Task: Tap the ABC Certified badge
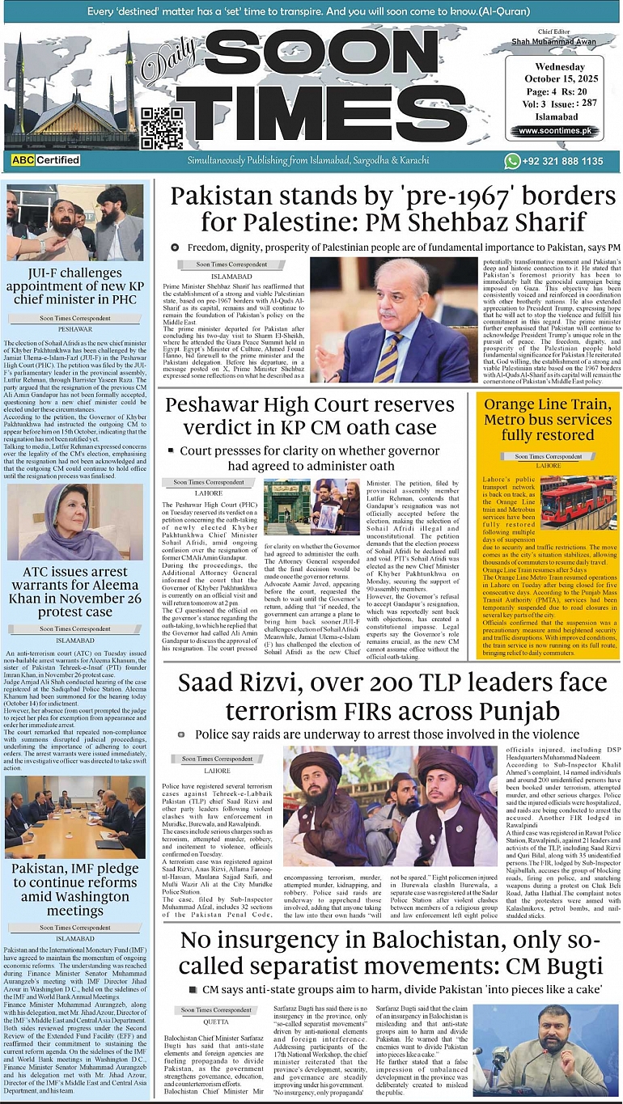click(x=46, y=160)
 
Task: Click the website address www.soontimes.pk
click(x=553, y=131)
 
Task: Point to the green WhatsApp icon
click(x=512, y=161)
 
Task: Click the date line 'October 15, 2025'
click(x=554, y=78)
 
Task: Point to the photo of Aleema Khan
click(x=74, y=522)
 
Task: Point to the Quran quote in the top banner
click(x=311, y=13)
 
